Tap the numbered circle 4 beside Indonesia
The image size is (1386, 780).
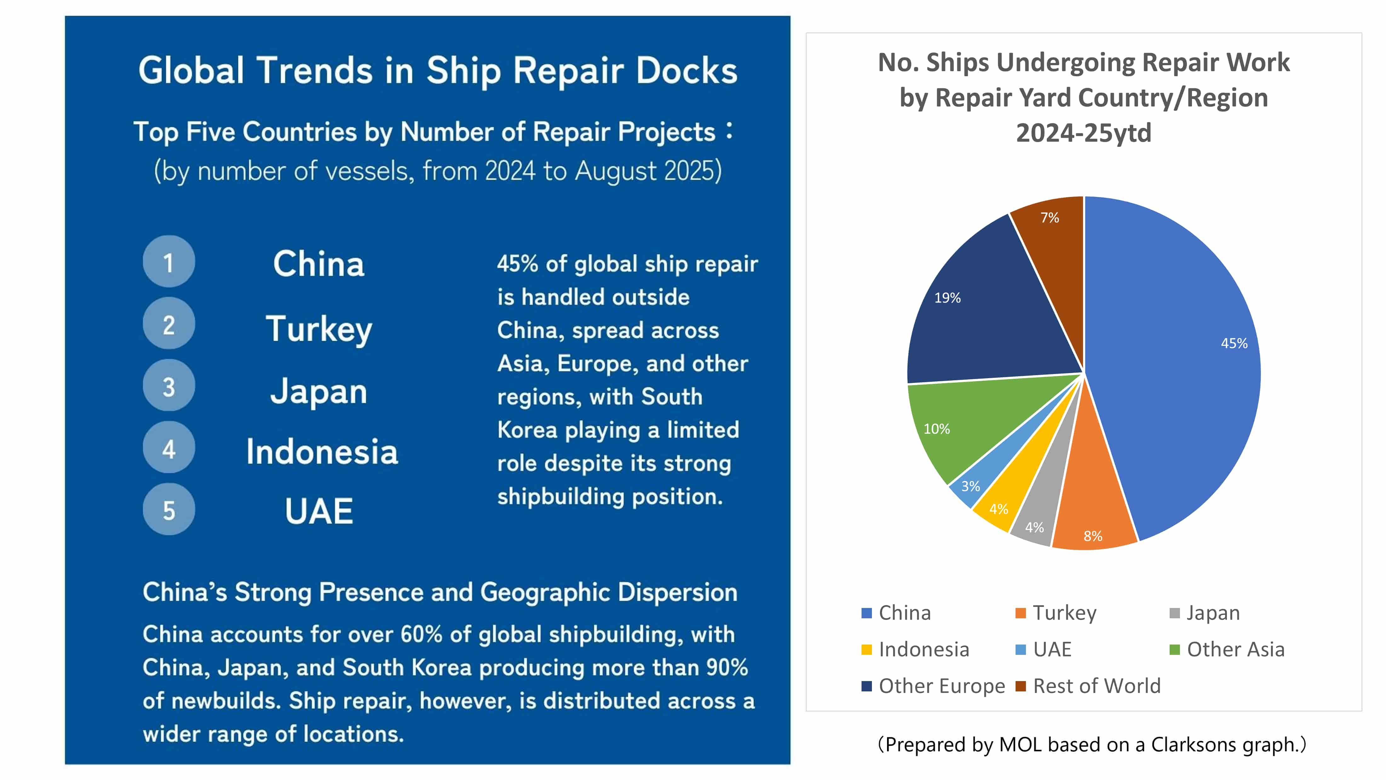click(169, 447)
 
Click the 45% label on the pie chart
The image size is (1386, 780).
click(1234, 344)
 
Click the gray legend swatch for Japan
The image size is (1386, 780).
click(1175, 613)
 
